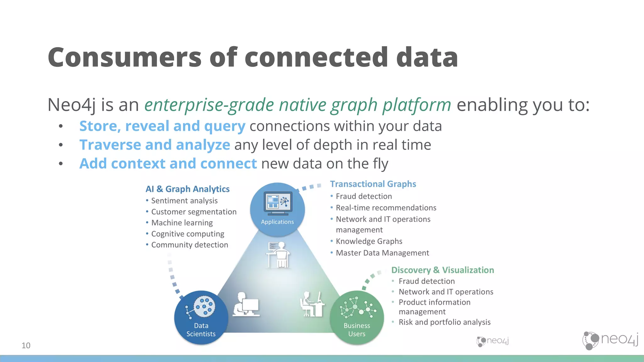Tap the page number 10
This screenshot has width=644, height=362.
[x=26, y=345]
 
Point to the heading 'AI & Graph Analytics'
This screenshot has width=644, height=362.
[x=187, y=189]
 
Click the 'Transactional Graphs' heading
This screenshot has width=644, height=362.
[x=373, y=184]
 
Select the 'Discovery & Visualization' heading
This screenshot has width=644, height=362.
[x=442, y=270]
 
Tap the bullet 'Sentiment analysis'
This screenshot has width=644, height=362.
[x=184, y=200]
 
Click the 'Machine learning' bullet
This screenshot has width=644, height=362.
[x=182, y=222]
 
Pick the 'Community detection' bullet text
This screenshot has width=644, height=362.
[x=190, y=244]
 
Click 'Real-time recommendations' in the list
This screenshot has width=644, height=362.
[x=386, y=208]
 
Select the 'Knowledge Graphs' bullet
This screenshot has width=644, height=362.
[x=369, y=241]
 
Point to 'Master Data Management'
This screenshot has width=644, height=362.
[x=382, y=253]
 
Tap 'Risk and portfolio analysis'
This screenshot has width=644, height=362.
[x=444, y=322]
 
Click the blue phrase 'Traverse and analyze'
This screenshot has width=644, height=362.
[x=155, y=145]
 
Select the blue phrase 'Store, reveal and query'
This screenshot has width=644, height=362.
[x=162, y=126]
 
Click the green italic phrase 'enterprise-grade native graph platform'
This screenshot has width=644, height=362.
[x=297, y=105]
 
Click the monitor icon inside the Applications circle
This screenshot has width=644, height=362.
[x=278, y=203]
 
